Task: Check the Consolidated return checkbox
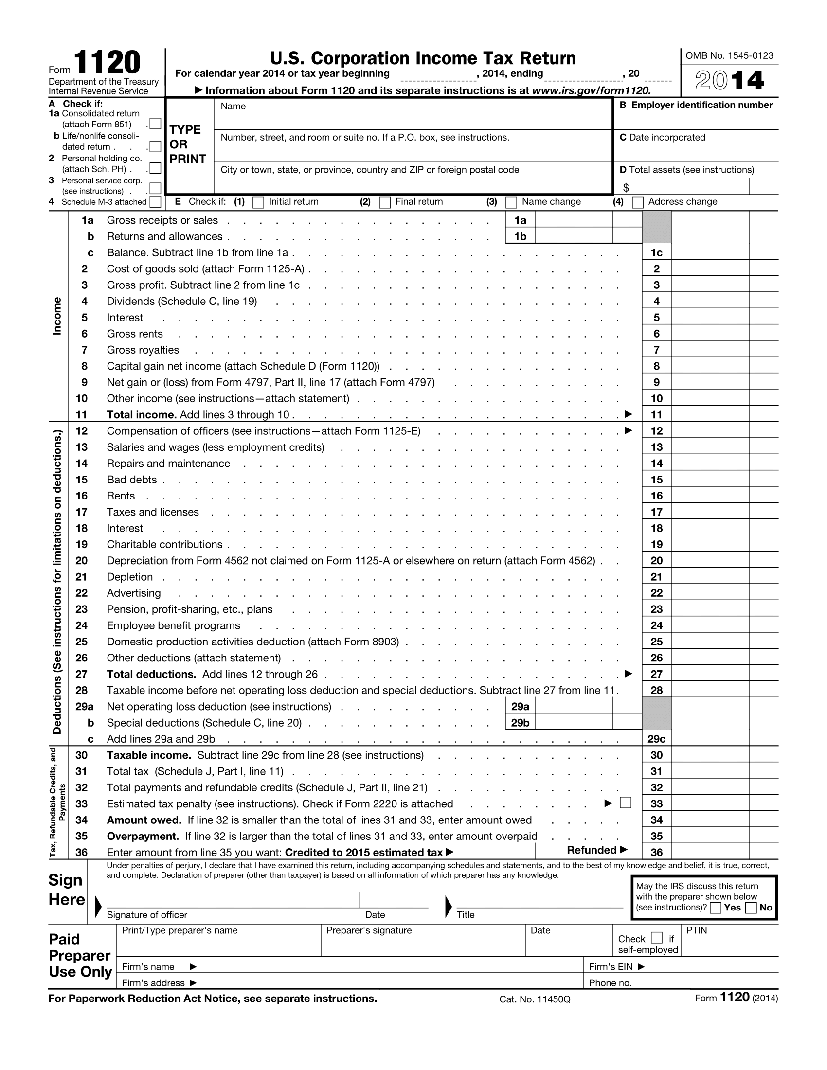click(155, 124)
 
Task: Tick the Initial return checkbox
click(258, 202)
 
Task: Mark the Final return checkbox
click(385, 202)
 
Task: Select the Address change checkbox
click(637, 202)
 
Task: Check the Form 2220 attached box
click(625, 802)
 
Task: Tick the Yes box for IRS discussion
click(716, 908)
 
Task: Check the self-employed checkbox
click(657, 938)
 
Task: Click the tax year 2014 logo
click(730, 81)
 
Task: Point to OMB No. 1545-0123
click(729, 56)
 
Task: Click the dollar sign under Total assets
click(626, 188)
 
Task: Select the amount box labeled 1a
click(573, 220)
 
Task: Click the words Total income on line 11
click(142, 415)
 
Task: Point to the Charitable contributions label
click(164, 544)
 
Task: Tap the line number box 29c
click(656, 739)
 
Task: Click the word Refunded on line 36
click(592, 850)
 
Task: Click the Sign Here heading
click(67, 890)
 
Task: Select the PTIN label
click(696, 930)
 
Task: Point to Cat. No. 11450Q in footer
click(535, 999)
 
